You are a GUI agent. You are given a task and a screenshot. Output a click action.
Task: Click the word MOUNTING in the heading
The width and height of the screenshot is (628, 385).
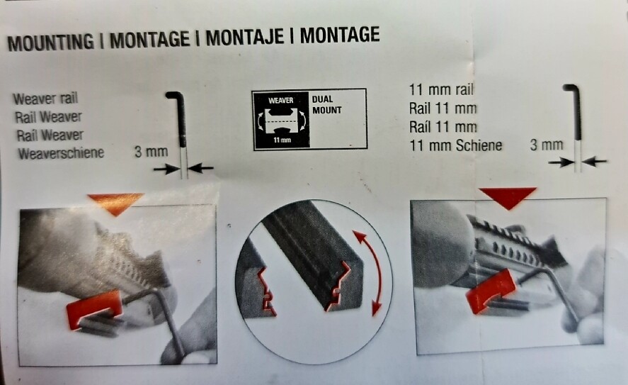(x=50, y=42)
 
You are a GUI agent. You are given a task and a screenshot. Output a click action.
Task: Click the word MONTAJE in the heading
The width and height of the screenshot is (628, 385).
(x=245, y=37)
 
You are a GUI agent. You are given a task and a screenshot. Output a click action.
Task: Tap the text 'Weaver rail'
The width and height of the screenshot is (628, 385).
(x=45, y=99)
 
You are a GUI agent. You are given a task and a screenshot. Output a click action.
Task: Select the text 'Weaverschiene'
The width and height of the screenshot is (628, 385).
(x=61, y=153)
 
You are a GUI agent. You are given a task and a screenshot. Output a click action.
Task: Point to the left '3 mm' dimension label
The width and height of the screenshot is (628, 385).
(x=151, y=152)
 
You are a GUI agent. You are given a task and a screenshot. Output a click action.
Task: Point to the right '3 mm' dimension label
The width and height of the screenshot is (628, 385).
(x=547, y=145)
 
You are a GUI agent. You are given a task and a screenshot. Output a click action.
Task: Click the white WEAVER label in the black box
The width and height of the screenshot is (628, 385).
(x=281, y=100)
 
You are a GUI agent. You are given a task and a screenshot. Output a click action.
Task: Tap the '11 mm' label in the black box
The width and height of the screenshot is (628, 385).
(x=282, y=140)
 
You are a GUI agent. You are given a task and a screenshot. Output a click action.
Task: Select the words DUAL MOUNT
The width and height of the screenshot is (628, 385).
(x=327, y=105)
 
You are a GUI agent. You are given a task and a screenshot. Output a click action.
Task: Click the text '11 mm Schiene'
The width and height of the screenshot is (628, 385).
(x=456, y=145)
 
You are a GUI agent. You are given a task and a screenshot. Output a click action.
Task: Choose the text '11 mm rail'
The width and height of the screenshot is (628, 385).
(x=441, y=90)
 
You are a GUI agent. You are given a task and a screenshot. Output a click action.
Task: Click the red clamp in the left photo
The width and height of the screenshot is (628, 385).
(x=95, y=310)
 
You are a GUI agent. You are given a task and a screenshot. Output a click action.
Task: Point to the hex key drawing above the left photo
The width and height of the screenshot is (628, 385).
(x=181, y=133)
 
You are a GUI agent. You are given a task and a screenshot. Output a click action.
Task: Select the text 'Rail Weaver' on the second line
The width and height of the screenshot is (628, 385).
(x=48, y=117)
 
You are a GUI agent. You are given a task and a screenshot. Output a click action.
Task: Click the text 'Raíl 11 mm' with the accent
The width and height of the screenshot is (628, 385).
(x=443, y=127)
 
